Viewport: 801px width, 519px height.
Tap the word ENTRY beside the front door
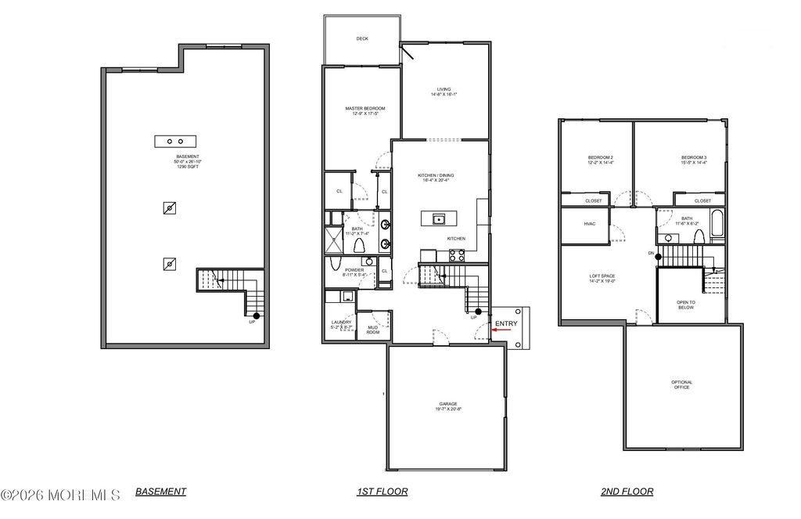[506, 323]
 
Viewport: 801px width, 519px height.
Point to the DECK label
[362, 38]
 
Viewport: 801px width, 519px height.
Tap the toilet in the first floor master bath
[359, 246]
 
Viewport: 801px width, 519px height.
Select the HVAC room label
[589, 224]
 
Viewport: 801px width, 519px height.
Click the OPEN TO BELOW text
[686, 305]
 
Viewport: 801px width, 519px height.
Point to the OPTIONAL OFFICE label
[681, 384]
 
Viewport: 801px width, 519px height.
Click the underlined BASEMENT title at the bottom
[161, 492]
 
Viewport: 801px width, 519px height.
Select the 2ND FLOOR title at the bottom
[627, 492]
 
